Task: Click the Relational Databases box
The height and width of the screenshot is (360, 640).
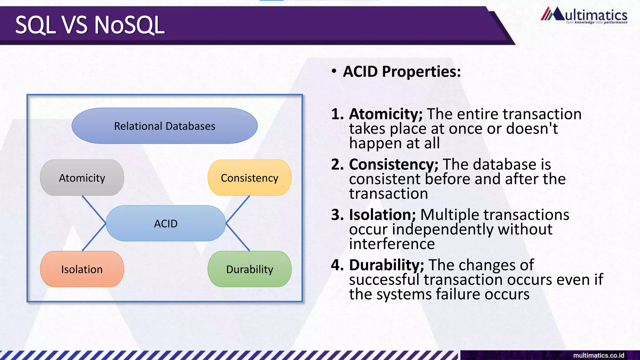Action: coord(165,126)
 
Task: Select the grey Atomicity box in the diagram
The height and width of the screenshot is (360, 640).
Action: coord(82,178)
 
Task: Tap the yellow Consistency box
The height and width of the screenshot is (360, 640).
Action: coord(249,178)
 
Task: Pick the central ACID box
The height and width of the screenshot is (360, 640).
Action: coord(166,223)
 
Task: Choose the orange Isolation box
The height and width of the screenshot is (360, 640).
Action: coord(82,269)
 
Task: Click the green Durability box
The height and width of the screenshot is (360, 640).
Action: coord(249,269)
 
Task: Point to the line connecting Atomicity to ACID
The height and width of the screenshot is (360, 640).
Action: coord(94,209)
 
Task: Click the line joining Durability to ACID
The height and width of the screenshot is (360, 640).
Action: coord(238,237)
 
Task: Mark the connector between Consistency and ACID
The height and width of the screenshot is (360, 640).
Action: coord(238,209)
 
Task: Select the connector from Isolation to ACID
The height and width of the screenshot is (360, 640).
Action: coord(94,237)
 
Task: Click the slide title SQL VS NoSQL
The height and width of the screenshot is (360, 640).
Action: coord(90,25)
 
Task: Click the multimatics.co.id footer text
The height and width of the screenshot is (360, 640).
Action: coord(598,355)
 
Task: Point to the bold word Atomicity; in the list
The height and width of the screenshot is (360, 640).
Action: coord(386,114)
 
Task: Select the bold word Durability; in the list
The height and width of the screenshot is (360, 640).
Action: coord(387,265)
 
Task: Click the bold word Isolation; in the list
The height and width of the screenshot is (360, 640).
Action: coord(382,215)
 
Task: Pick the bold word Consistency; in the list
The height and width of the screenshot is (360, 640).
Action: coord(393,164)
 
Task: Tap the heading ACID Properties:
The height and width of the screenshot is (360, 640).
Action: coord(402,72)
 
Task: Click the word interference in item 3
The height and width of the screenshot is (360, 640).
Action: coord(392,244)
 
